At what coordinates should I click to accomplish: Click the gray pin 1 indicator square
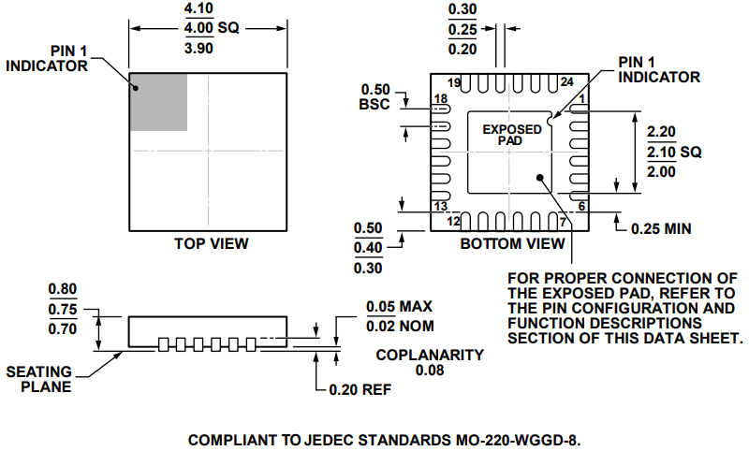(158, 101)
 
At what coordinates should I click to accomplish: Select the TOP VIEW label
(212, 244)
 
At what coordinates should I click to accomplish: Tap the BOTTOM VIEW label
(512, 244)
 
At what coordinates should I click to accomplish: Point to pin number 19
(454, 83)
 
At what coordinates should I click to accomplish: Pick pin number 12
(453, 222)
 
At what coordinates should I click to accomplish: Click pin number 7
(564, 222)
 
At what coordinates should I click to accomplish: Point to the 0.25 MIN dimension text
(667, 227)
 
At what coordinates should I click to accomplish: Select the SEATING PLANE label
(39, 379)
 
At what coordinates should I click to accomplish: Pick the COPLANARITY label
(430, 355)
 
